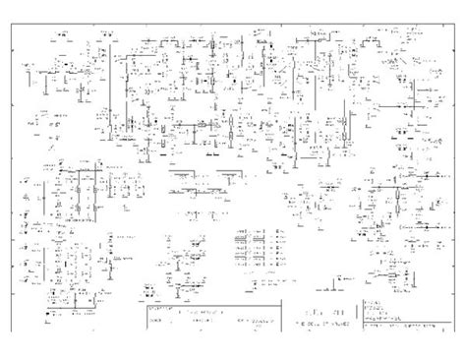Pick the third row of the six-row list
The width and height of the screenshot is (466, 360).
258,245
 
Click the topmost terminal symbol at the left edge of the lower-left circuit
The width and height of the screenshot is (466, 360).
22,177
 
